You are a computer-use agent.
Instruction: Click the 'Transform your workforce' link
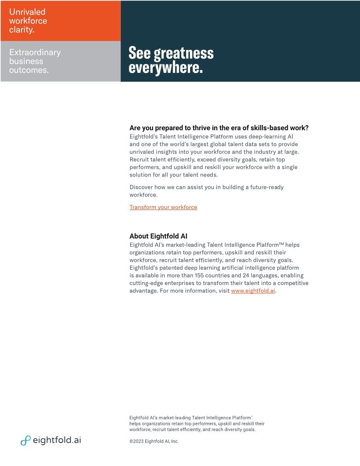point(163,207)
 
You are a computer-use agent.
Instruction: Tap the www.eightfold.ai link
point(253,291)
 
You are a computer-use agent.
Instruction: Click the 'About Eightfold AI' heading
point(158,236)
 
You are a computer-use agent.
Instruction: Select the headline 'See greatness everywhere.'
point(171,60)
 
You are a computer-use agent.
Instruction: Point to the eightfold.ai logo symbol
point(26,440)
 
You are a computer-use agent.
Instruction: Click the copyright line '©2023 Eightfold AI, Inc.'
point(154,441)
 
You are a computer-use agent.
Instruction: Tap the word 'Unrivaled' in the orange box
point(27,12)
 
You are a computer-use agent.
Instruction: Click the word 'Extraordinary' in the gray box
point(35,53)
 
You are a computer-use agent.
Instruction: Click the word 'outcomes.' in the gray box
point(29,70)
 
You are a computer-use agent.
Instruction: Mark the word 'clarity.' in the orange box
point(22,30)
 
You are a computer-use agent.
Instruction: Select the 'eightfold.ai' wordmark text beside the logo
point(57,440)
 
